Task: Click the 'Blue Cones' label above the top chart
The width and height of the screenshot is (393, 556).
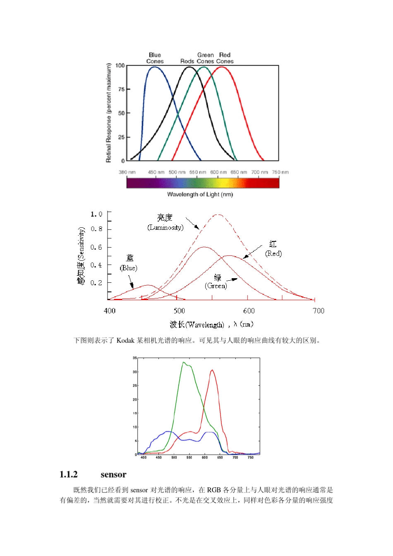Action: tap(155, 58)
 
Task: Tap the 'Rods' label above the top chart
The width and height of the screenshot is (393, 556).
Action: tap(187, 61)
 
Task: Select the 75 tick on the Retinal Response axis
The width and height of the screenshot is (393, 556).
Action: tap(121, 89)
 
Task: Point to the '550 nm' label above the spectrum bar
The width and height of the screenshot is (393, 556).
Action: tap(198, 172)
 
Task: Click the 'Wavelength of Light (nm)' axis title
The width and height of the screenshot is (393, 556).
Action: tap(200, 195)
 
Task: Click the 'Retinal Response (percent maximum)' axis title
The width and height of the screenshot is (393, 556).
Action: tap(109, 113)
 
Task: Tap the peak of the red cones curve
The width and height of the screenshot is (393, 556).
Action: tap(222, 67)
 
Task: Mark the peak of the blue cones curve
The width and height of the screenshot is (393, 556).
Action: tap(154, 67)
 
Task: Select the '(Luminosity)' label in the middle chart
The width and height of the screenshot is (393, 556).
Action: tap(165, 228)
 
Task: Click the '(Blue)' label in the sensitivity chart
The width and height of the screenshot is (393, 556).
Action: tap(129, 268)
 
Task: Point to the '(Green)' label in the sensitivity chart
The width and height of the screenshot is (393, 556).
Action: tap(216, 286)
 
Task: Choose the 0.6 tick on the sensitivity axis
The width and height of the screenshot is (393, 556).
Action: tap(96, 247)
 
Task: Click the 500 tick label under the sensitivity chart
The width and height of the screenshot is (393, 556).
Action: tap(179, 311)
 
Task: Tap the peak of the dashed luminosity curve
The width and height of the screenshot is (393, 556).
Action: tap(218, 214)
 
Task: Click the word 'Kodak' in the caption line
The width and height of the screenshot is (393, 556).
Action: tap(125, 341)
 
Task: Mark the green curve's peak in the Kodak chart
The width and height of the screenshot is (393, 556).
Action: tap(183, 363)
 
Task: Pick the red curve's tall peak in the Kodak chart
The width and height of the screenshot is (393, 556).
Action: tap(212, 370)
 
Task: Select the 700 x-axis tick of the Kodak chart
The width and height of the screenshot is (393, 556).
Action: tap(235, 457)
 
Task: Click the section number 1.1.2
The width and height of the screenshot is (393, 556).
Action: tap(69, 474)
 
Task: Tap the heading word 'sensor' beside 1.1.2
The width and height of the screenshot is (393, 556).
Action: tap(113, 474)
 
